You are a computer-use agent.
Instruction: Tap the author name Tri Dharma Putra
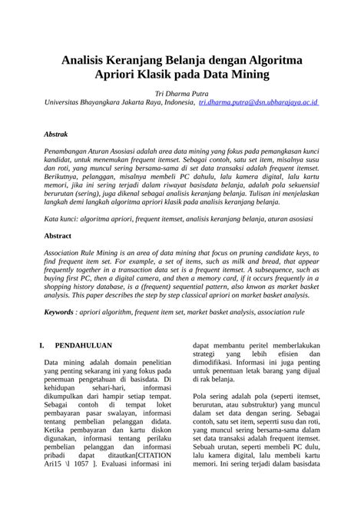click(182, 91)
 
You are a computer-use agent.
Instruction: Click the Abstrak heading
click(57, 133)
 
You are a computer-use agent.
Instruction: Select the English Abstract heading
click(58, 236)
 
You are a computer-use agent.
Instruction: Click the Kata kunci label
click(64, 219)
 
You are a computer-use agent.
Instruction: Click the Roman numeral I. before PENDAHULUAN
click(43, 346)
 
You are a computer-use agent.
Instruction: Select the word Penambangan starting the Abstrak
click(71, 152)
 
